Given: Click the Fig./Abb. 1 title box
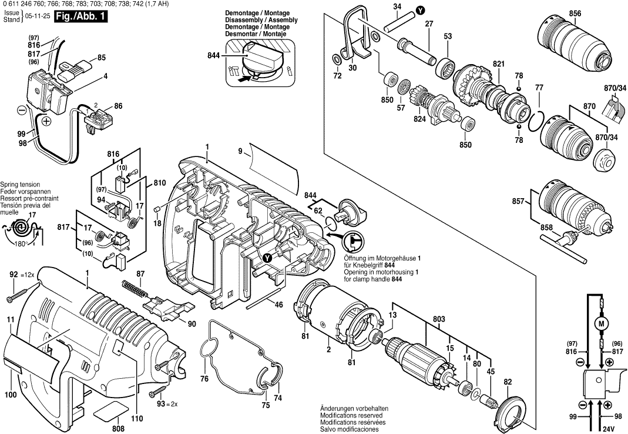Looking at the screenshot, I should [x=79, y=17].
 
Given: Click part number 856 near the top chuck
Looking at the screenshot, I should [x=575, y=14].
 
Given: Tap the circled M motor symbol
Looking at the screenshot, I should [x=600, y=323].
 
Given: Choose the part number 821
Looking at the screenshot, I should [x=499, y=64].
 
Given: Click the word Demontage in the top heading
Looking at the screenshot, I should [x=241, y=12].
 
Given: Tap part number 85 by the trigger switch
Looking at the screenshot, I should [x=102, y=57].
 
